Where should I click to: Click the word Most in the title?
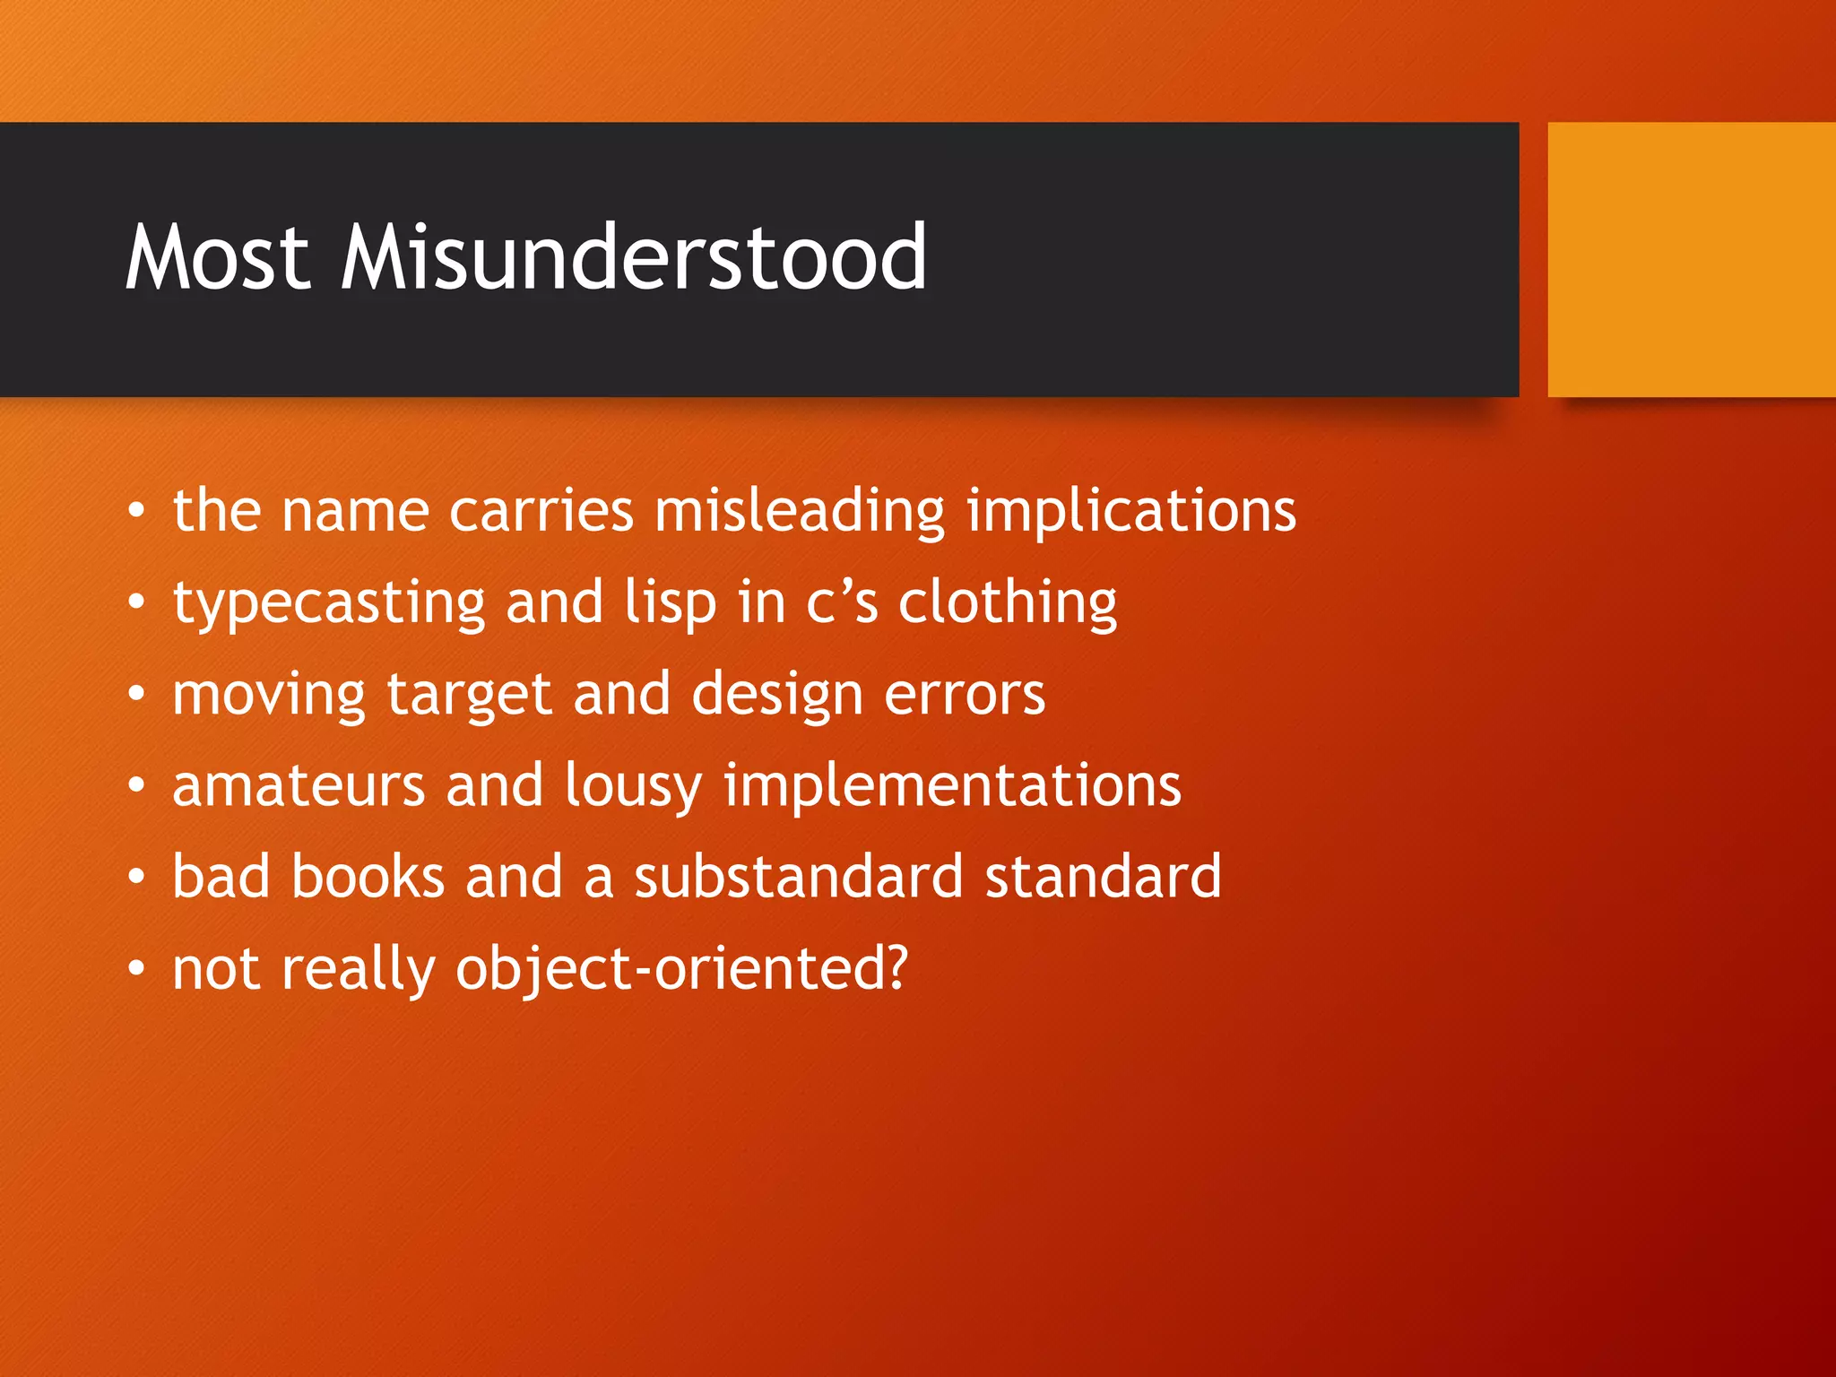(218, 258)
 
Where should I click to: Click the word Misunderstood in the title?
(634, 258)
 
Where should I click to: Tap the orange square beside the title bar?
(1691, 259)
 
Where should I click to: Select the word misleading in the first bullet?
(799, 511)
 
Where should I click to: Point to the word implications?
(1130, 511)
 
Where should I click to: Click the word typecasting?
(329, 602)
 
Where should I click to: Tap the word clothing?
(1008, 602)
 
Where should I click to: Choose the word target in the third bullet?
(469, 695)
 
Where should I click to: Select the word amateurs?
(299, 786)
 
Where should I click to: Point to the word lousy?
(633, 786)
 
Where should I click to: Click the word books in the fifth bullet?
(368, 877)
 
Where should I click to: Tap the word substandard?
(799, 877)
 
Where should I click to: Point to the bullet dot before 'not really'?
(135, 969)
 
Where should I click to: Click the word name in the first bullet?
(355, 511)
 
